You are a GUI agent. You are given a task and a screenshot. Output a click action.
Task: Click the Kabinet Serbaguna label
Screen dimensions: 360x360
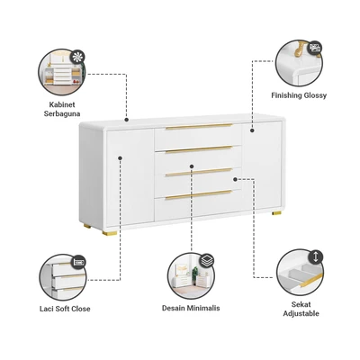click(x=62, y=109)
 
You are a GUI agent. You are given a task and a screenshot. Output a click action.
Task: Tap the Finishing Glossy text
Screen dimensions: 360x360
click(x=299, y=95)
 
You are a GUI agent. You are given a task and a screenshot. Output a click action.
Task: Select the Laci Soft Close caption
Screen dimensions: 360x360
click(x=65, y=309)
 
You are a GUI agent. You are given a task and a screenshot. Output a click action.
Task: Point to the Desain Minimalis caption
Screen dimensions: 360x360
click(x=191, y=308)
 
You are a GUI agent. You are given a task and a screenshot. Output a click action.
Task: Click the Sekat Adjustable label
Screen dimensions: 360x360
click(x=301, y=309)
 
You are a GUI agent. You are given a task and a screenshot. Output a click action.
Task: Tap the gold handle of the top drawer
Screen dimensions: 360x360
click(x=199, y=126)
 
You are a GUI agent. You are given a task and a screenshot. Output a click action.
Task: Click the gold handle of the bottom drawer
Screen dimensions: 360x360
click(x=199, y=194)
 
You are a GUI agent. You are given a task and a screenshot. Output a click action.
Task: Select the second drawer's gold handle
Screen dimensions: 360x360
click(x=199, y=149)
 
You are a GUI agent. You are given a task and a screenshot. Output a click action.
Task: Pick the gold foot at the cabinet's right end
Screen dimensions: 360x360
click(x=276, y=213)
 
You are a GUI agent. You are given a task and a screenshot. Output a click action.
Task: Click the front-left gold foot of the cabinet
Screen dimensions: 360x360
click(x=110, y=233)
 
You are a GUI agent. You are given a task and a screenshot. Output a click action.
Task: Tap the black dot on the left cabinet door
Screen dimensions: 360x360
click(x=120, y=157)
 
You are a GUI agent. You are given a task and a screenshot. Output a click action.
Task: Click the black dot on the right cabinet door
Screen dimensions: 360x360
click(x=252, y=130)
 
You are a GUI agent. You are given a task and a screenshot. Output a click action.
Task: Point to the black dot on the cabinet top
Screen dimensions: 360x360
click(x=127, y=120)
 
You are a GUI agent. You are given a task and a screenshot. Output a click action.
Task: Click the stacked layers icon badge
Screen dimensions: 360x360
click(x=206, y=260)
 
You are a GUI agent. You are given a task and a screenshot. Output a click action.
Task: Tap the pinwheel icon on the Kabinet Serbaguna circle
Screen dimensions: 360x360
click(x=78, y=58)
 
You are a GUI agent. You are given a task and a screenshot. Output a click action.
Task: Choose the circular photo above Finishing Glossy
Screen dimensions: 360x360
click(x=299, y=63)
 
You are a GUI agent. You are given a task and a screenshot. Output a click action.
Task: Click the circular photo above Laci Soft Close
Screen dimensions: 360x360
click(x=63, y=277)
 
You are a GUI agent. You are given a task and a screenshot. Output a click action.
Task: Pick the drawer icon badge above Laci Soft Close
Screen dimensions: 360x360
click(x=79, y=263)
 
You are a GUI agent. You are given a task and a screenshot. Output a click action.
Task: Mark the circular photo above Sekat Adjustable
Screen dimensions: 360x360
click(x=301, y=273)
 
